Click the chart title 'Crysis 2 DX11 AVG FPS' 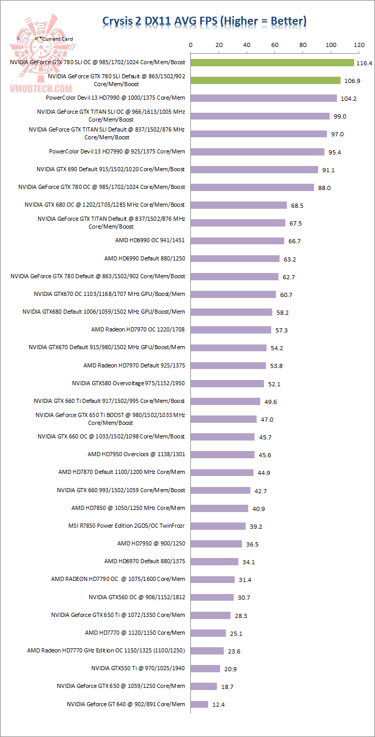(x=204, y=21)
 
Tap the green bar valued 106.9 (x=265, y=80)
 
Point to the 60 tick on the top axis (x=275, y=45)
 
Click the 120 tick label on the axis (x=359, y=45)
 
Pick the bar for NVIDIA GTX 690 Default (x=255, y=169)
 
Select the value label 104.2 (x=348, y=99)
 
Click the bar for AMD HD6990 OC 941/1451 (x=237, y=241)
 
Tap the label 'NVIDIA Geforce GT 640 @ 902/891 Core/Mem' (x=126, y=704)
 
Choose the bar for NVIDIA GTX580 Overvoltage (x=227, y=384)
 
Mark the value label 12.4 (x=219, y=705)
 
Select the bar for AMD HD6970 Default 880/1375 (x=214, y=562)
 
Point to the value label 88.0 (x=325, y=187)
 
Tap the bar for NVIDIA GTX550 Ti (x=205, y=669)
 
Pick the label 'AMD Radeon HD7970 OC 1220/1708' (x=138, y=329)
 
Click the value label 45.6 (x=265, y=455)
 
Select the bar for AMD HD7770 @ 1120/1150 (x=209, y=633)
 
